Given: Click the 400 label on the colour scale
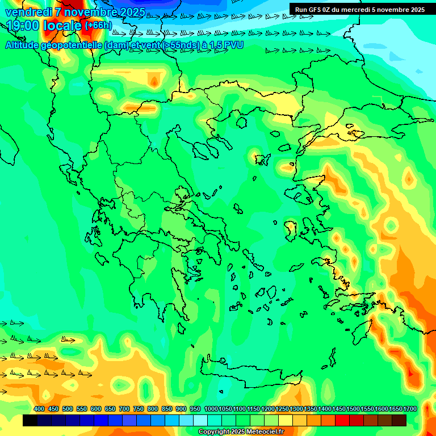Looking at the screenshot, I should coord(39,409).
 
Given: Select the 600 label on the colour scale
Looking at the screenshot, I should coord(96,409).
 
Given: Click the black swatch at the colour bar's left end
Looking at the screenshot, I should coord(30,421).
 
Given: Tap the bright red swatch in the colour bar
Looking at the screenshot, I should coord(342,421).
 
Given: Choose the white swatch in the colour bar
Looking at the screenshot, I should coord(200,421).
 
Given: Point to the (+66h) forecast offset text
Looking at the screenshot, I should coord(98,26).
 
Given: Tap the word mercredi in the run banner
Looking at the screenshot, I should coord(355,10).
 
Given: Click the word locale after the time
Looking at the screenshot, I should coord(60,26).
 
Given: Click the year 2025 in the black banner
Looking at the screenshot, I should coord(417,10).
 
